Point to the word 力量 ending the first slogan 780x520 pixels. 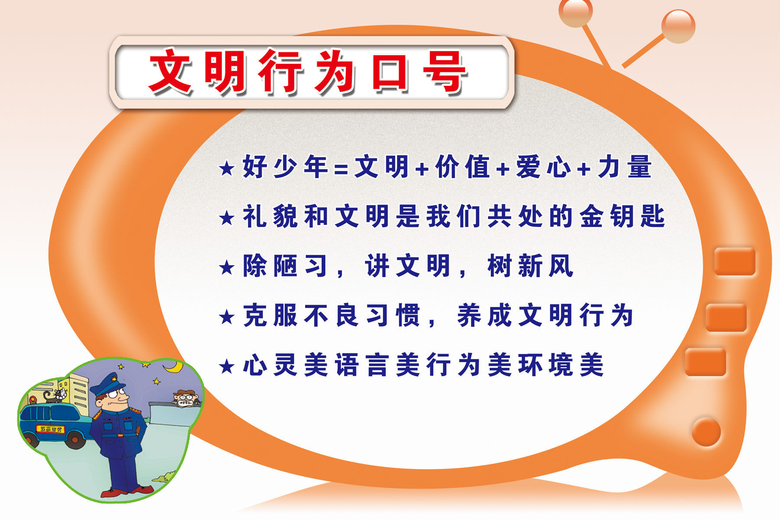(624, 167)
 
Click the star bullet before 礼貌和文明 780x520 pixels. (227, 218)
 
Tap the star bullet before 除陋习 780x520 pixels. (227, 267)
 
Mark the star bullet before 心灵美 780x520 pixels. (227, 367)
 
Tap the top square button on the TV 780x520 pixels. (734, 261)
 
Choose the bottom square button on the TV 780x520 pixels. (705, 362)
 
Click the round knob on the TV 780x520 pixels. (706, 432)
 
